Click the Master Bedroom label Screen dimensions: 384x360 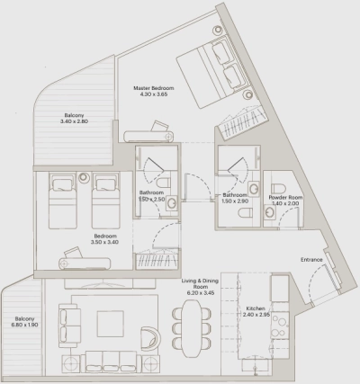[152, 88]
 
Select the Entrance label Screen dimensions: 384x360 [311, 260]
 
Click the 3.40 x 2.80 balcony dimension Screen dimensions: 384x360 [76, 122]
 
